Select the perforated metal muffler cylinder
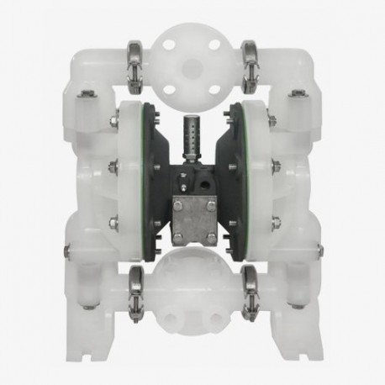(192, 142)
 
